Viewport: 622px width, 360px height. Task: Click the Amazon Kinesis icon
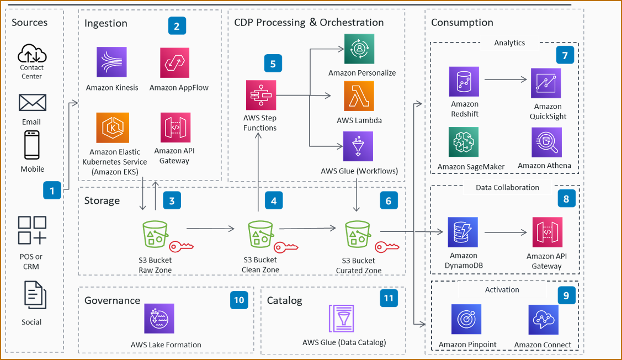coord(111,62)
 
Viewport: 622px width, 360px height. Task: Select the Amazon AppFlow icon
coord(176,62)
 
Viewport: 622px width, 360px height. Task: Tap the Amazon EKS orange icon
coord(113,128)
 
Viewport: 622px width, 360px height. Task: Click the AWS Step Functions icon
coord(261,95)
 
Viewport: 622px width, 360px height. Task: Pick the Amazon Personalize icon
coord(359,49)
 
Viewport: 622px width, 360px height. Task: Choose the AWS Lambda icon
coord(359,96)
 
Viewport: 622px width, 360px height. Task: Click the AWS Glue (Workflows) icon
coord(358,146)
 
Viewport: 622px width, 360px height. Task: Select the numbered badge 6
coord(389,201)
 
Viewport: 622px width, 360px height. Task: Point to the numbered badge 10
coord(239,300)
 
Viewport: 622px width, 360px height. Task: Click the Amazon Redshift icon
coord(464,82)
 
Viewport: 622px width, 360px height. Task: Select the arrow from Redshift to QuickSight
coord(505,80)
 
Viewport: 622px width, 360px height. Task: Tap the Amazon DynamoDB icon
coord(463,232)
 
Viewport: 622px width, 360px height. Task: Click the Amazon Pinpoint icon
coord(466,320)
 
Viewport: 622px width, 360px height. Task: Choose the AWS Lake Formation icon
coord(159,319)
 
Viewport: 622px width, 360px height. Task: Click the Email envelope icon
coord(32,103)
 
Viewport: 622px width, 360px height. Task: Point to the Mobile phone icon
coord(32,145)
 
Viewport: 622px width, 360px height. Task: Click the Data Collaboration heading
coord(507,188)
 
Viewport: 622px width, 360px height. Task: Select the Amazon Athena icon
coord(546,142)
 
